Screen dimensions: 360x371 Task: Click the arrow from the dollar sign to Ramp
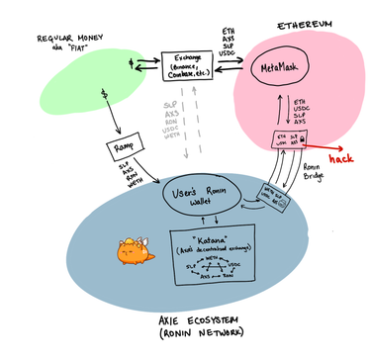click(112, 119)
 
